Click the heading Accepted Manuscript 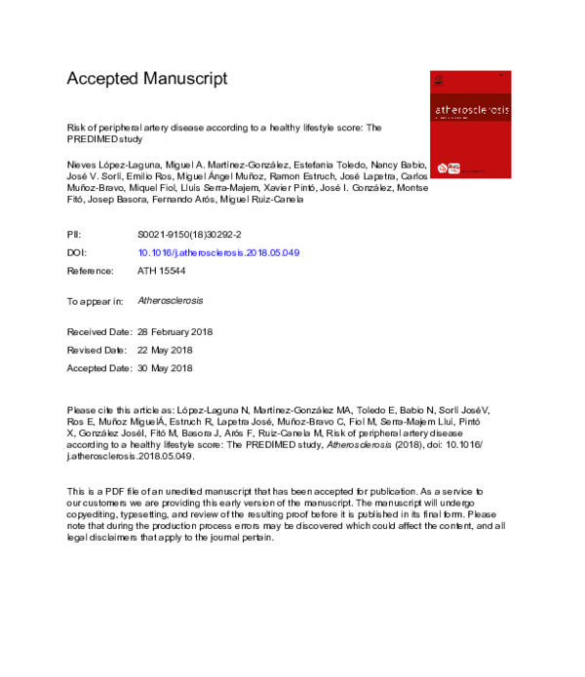pos(146,79)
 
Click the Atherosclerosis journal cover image pos(469,124)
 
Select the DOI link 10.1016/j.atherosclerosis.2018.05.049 pos(218,252)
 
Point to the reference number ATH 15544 pos(163,269)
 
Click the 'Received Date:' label pos(98,332)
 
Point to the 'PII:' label pos(74,235)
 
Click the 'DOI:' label pos(76,252)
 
